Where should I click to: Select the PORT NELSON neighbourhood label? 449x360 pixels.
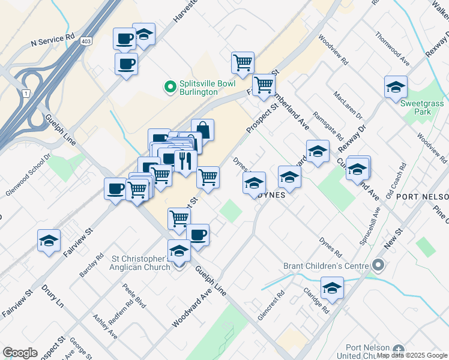[423, 197]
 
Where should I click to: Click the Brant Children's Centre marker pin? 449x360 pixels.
[378, 265]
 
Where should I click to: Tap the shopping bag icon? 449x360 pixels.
[203, 130]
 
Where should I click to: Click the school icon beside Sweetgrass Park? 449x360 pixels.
[396, 87]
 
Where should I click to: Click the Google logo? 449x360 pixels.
[20, 353]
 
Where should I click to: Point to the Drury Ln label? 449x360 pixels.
[52, 295]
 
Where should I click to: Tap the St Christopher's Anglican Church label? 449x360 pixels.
[142, 263]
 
